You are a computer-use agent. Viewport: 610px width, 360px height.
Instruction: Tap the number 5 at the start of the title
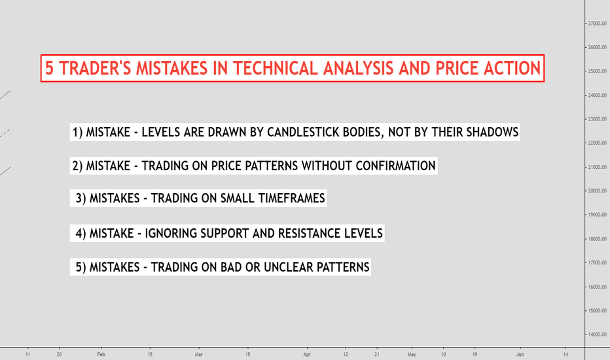49,68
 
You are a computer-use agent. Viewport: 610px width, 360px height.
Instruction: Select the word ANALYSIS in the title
358,68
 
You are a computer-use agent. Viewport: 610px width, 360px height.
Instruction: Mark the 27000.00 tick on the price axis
596,24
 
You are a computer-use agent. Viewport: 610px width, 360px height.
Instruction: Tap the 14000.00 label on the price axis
596,334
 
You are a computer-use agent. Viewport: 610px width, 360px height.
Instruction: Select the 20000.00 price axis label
596,190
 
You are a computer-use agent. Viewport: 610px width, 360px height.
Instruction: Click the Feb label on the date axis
101,354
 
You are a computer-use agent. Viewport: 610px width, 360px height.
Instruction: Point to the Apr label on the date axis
307,354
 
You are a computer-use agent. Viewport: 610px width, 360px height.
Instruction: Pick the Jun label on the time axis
520,354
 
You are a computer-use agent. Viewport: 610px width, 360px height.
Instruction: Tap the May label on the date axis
412,354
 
